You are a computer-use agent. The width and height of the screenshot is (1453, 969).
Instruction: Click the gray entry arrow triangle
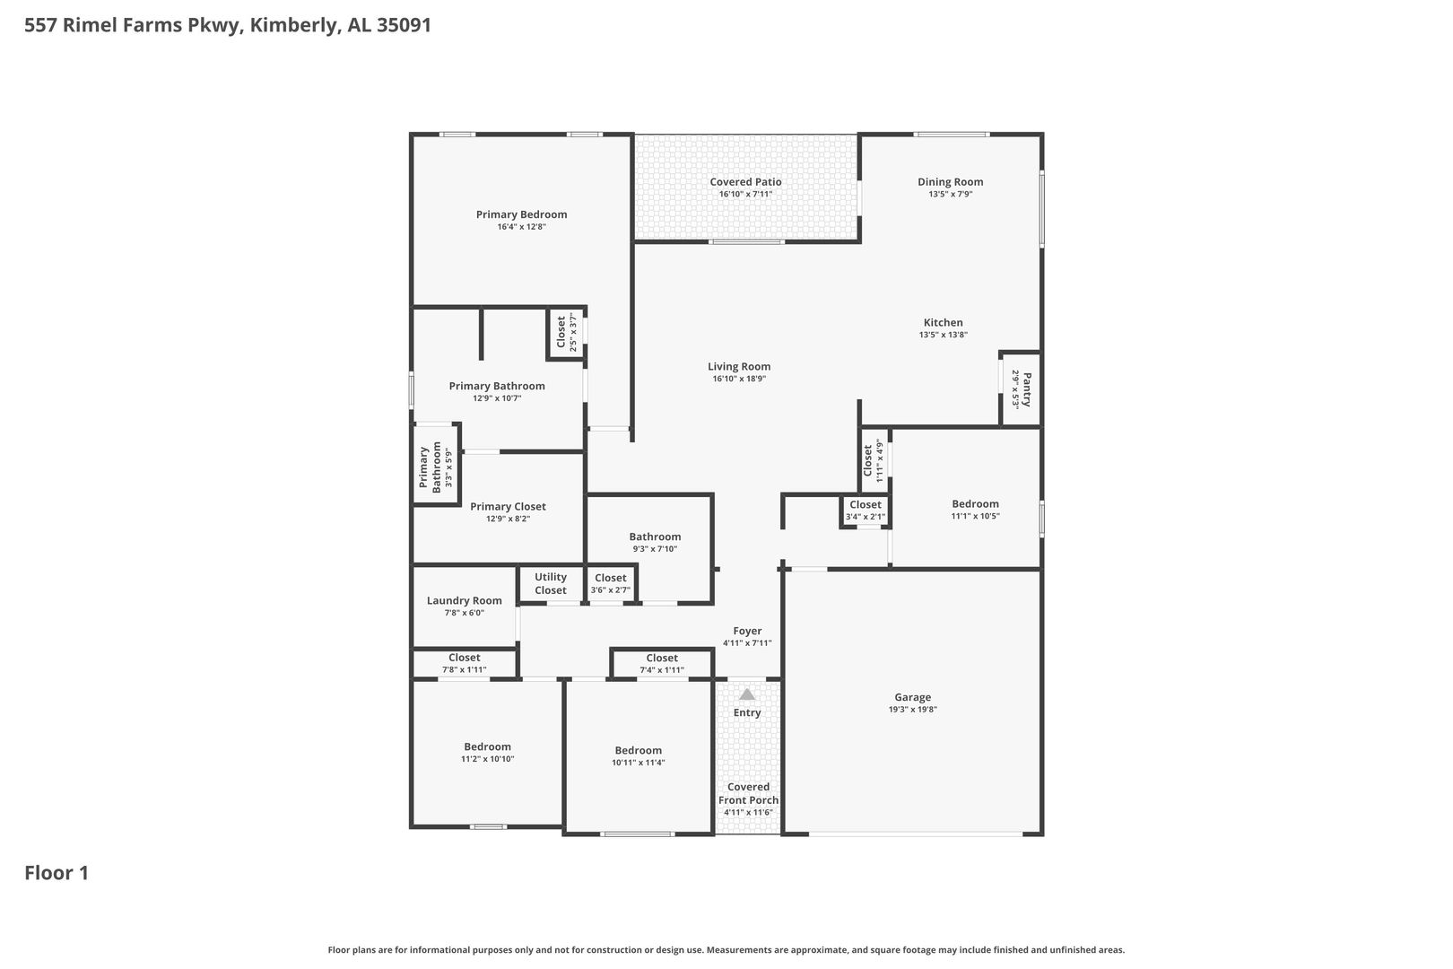coord(747,694)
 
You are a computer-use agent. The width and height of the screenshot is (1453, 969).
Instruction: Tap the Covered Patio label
coord(745,182)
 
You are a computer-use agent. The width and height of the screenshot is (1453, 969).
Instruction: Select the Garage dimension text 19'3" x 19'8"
coord(913,710)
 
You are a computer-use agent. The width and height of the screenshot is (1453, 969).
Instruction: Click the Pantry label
coord(1026,388)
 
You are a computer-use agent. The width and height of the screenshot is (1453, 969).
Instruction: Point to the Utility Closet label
coord(550,583)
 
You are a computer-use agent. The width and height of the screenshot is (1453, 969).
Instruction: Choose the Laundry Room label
coord(465,601)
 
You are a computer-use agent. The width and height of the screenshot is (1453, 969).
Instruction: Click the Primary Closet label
coord(508,506)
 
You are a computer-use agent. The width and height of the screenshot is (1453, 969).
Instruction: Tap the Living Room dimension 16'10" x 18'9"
coord(739,379)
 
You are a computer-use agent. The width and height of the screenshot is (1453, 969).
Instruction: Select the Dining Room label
coord(951,182)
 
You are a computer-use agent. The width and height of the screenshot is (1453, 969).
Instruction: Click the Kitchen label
coord(944,323)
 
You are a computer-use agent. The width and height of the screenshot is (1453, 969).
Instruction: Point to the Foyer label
coord(747,631)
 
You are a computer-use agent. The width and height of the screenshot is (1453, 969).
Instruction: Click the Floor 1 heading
coord(57,873)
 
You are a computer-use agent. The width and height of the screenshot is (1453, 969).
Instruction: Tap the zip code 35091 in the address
coord(404,24)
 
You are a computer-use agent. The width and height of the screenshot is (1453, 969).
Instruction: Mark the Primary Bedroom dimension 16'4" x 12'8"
coord(521,226)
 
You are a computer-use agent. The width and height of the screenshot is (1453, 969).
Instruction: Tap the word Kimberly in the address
coord(295,25)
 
